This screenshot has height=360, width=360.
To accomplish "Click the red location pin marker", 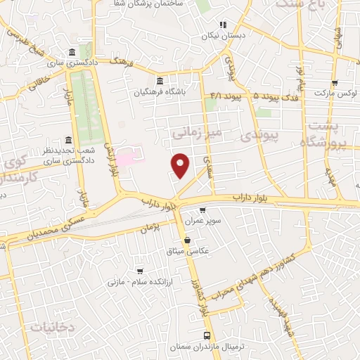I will tap(181, 165).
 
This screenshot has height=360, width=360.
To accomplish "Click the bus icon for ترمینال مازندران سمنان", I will tap(206, 335).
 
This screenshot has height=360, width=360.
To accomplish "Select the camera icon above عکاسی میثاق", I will tap(187, 239).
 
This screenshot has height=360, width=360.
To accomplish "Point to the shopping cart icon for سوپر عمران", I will tap(202, 210).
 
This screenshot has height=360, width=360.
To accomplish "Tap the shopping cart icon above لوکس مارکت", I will tap(334, 82).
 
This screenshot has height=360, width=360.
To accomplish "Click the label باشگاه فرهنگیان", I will tap(161, 91).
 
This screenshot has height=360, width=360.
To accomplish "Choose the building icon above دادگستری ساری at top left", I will tap(72, 52).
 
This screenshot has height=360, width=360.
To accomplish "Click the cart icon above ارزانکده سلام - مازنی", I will tap(140, 271).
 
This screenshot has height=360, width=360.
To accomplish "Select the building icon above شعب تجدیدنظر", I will tap(68, 139).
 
